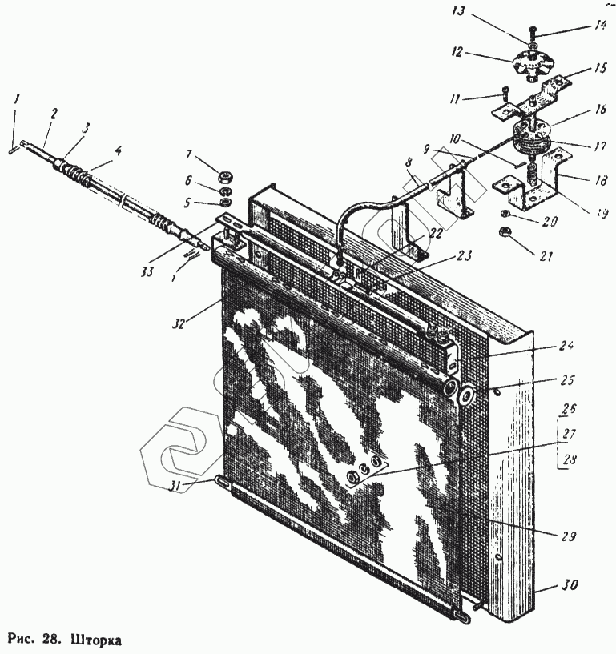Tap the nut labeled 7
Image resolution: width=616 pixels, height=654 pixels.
225,175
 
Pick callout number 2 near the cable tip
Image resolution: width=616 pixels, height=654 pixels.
53,114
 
